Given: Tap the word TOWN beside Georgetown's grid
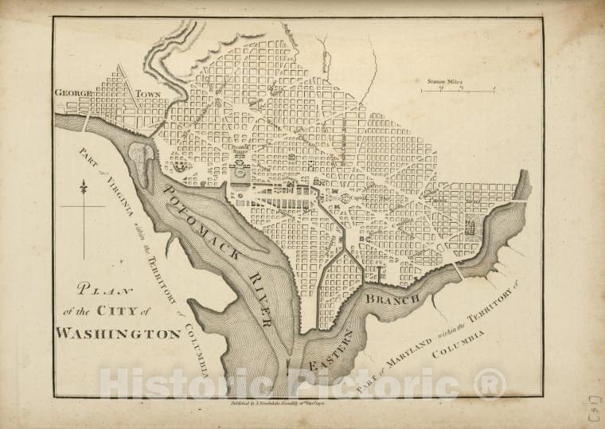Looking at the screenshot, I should [x=148, y=94].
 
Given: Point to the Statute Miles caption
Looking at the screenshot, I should [x=445, y=81].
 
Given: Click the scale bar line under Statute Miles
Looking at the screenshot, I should [x=458, y=92].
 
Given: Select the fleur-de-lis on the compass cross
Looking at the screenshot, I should [x=83, y=188].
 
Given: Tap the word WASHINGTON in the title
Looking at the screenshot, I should [x=118, y=333].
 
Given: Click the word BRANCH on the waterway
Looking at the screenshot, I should [x=392, y=299].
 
